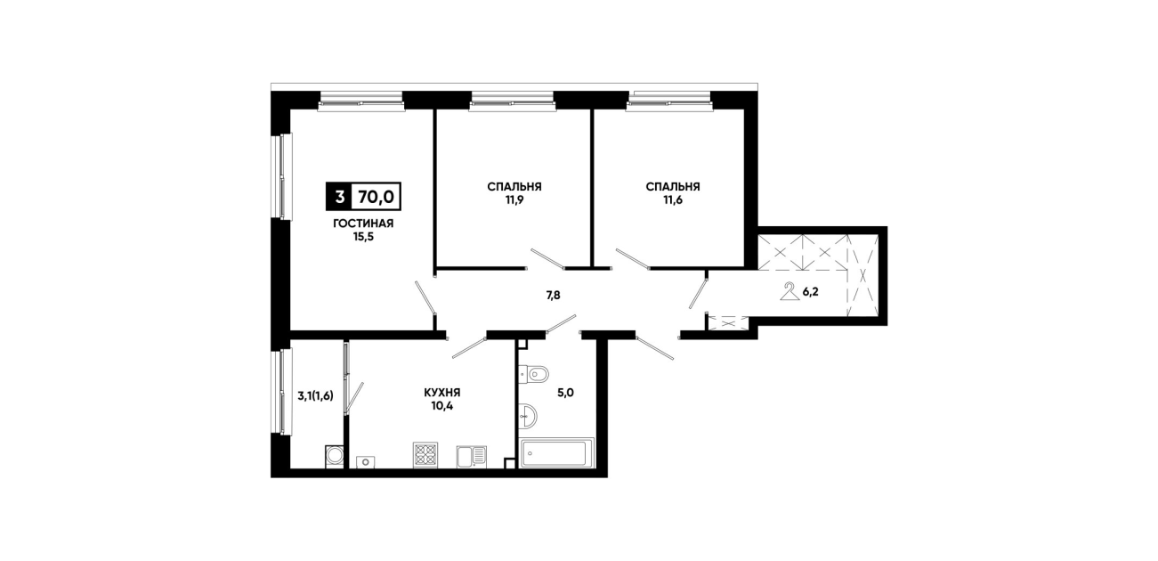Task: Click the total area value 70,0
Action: pos(377,197)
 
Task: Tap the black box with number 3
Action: pos(339,197)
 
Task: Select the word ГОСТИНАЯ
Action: pos(363,224)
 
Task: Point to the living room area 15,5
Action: pos(363,237)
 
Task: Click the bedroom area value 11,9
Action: pos(514,199)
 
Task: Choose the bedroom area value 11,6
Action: pos(673,199)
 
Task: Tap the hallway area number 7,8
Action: pos(553,296)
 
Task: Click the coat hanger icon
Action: pos(790,291)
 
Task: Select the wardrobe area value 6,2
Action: pos(810,292)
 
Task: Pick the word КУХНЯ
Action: pos(442,393)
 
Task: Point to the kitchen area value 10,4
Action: pos(442,406)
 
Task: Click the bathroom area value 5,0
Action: pos(566,393)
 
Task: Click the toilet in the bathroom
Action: pos(533,373)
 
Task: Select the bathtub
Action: pos(558,453)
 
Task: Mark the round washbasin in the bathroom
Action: pos(528,416)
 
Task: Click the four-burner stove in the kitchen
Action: pos(425,455)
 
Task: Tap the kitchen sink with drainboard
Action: pos(472,457)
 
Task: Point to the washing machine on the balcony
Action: pos(334,457)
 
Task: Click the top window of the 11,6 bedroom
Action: pos(670,102)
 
